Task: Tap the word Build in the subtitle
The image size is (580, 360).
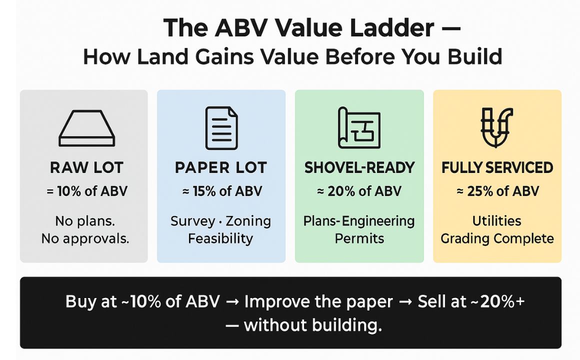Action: coord(475,56)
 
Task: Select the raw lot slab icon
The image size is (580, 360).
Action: coord(87,128)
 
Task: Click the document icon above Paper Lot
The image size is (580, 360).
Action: coord(221,128)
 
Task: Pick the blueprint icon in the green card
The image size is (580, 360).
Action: coord(359,128)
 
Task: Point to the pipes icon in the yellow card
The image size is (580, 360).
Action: coord(496,127)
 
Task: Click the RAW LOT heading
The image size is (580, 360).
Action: coord(86,167)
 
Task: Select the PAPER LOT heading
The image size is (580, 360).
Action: coord(221,167)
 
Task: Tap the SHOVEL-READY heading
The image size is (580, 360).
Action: coord(359,167)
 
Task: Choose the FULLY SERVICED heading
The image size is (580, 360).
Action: coord(497,167)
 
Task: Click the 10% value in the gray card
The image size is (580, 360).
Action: coord(69,191)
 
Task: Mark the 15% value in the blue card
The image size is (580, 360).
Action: coord(204,191)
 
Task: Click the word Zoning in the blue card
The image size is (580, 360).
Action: coord(248,221)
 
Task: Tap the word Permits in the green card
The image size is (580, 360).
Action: coord(359,238)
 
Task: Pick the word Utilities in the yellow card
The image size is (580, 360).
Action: coord(497,221)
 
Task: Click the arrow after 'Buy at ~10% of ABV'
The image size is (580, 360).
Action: coord(232,302)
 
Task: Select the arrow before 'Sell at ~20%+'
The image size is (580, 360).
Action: coord(405,302)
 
